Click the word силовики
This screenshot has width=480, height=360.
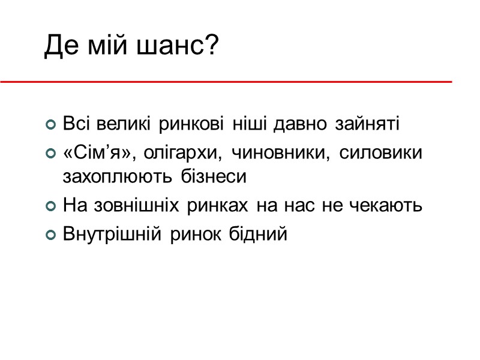click(x=380, y=154)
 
